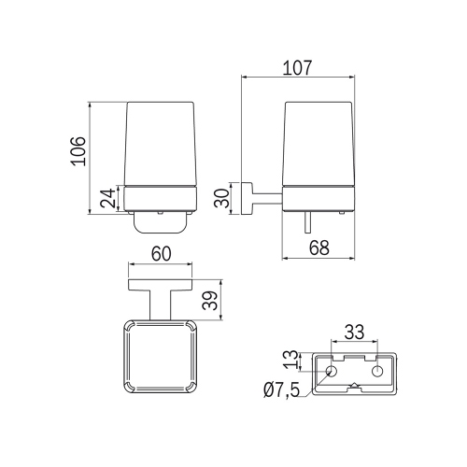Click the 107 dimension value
[297, 68]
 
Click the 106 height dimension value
[78, 151]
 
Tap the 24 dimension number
[107, 198]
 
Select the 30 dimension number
[221, 198]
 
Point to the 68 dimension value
[319, 248]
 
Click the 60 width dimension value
[162, 254]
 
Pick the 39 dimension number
[209, 300]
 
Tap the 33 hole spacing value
[354, 332]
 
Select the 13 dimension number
[292, 360]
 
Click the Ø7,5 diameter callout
[281, 390]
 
